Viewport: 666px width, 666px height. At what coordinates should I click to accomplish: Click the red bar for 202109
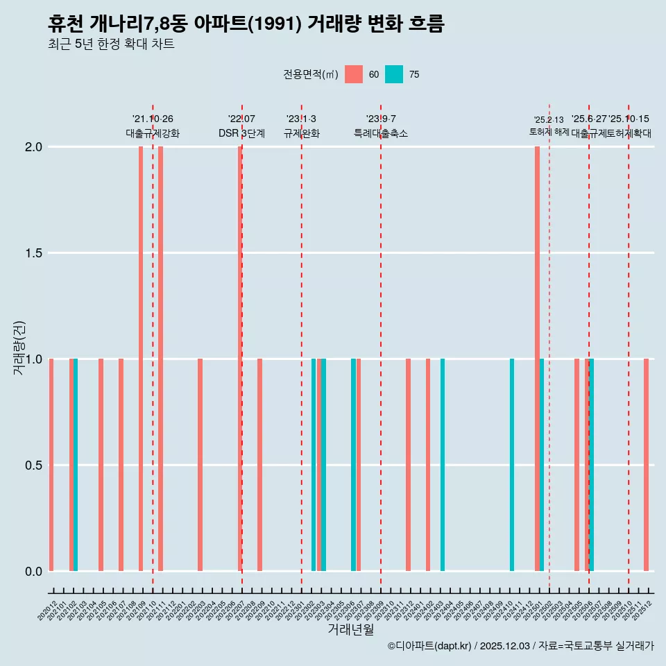pyautogui.click(x=141, y=359)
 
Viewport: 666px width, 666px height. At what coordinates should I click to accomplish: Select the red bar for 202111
pyautogui.click(x=160, y=359)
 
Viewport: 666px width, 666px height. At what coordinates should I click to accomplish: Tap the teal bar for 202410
pyautogui.click(x=512, y=465)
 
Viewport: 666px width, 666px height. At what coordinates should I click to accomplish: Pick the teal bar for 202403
pyautogui.click(x=443, y=465)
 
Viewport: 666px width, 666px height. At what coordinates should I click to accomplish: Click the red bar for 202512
pyautogui.click(x=646, y=465)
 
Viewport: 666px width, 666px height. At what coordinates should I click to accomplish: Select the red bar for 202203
pyautogui.click(x=200, y=465)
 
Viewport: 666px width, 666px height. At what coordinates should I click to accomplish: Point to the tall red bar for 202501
pyautogui.click(x=537, y=359)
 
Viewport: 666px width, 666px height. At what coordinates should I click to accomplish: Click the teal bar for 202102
pyautogui.click(x=76, y=465)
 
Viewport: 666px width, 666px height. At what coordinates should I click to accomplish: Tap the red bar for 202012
pyautogui.click(x=51, y=465)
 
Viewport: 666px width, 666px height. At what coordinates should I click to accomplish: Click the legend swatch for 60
pyautogui.click(x=354, y=74)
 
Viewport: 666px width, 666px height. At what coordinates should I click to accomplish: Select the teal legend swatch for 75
pyautogui.click(x=394, y=74)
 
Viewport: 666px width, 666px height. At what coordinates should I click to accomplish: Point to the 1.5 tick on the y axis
pyautogui.click(x=34, y=253)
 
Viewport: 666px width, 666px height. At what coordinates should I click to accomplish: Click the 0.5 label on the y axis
pyautogui.click(x=34, y=466)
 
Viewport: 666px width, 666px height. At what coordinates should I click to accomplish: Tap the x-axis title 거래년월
pyautogui.click(x=350, y=629)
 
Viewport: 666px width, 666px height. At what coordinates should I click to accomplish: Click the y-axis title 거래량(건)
pyautogui.click(x=19, y=348)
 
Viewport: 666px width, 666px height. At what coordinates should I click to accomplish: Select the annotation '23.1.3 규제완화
pyautogui.click(x=301, y=126)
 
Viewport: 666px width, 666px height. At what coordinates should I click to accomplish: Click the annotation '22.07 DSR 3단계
pyautogui.click(x=241, y=126)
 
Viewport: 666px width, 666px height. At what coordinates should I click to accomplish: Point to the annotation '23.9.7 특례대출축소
pyautogui.click(x=381, y=126)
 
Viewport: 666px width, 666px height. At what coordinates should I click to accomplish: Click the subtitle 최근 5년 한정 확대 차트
pyautogui.click(x=111, y=44)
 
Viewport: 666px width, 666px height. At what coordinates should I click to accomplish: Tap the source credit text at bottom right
pyautogui.click(x=520, y=646)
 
